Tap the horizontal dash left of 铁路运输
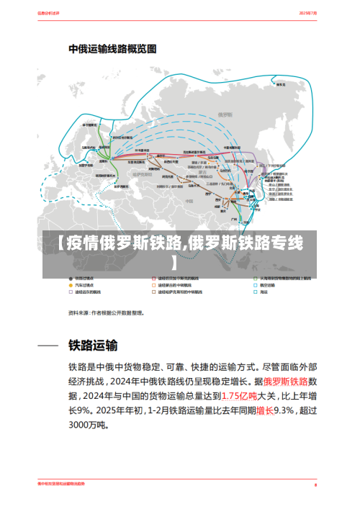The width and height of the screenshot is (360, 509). coord(48,346)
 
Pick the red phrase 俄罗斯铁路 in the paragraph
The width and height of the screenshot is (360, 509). coord(286,380)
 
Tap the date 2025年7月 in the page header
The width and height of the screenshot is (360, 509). coord(309,14)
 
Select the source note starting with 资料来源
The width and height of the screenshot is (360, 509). coord(106,313)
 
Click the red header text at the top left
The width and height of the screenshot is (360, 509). coord(49,14)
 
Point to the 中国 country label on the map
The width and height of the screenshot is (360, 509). coord(204,174)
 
